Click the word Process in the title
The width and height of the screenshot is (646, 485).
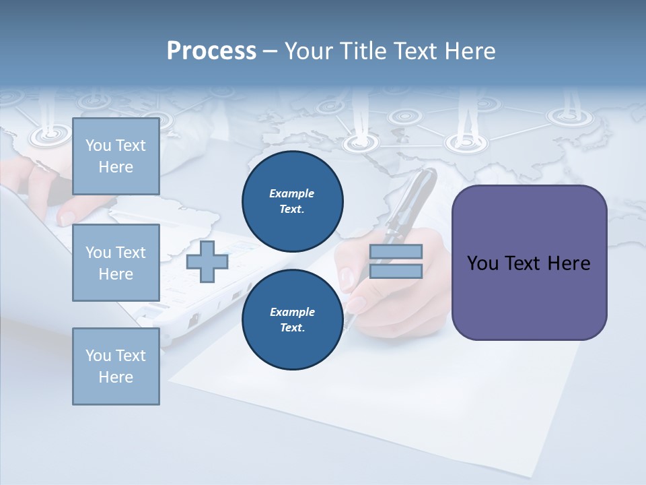(x=211, y=51)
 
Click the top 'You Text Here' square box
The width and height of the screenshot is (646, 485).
(x=116, y=156)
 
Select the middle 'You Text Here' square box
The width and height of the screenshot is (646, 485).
(x=116, y=263)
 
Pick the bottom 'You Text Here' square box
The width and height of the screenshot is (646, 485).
(x=116, y=366)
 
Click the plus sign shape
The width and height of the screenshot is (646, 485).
(x=207, y=262)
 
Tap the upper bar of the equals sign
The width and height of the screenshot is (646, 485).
(x=396, y=252)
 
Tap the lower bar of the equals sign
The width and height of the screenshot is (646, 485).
(x=396, y=271)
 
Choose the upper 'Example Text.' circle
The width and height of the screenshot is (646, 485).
(x=292, y=201)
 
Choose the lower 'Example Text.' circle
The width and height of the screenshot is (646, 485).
(x=292, y=319)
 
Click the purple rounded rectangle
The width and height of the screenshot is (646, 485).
(x=529, y=262)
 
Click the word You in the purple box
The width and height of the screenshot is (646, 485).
(x=482, y=263)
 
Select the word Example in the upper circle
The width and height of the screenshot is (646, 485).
(x=292, y=193)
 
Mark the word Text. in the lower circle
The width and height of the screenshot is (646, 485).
(x=292, y=327)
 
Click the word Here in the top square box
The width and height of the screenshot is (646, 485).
(x=116, y=167)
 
